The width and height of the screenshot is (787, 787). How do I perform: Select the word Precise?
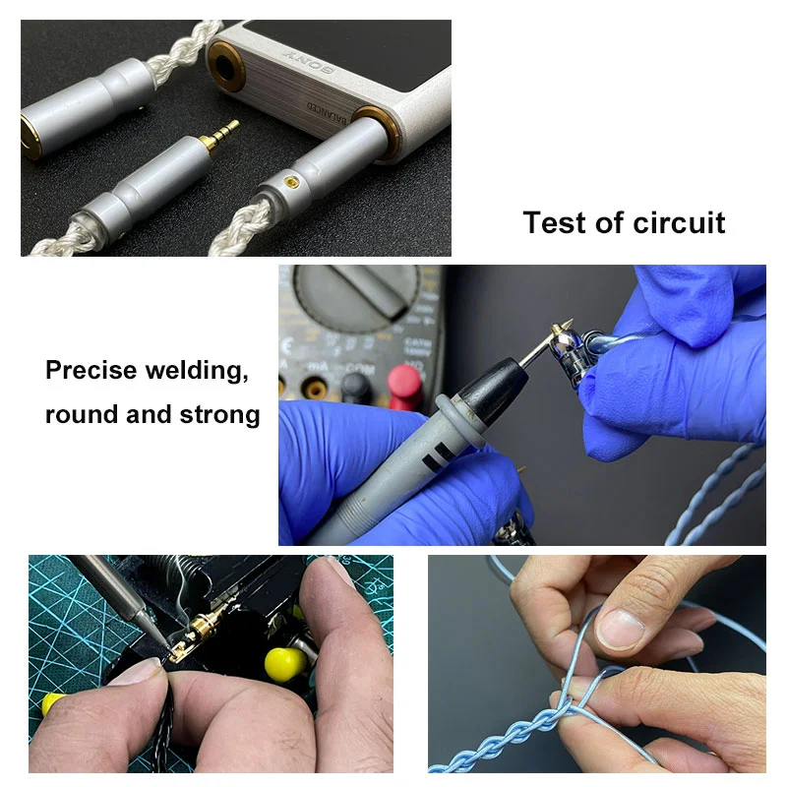point(94,372)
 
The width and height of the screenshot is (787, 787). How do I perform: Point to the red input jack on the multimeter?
point(403,383)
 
